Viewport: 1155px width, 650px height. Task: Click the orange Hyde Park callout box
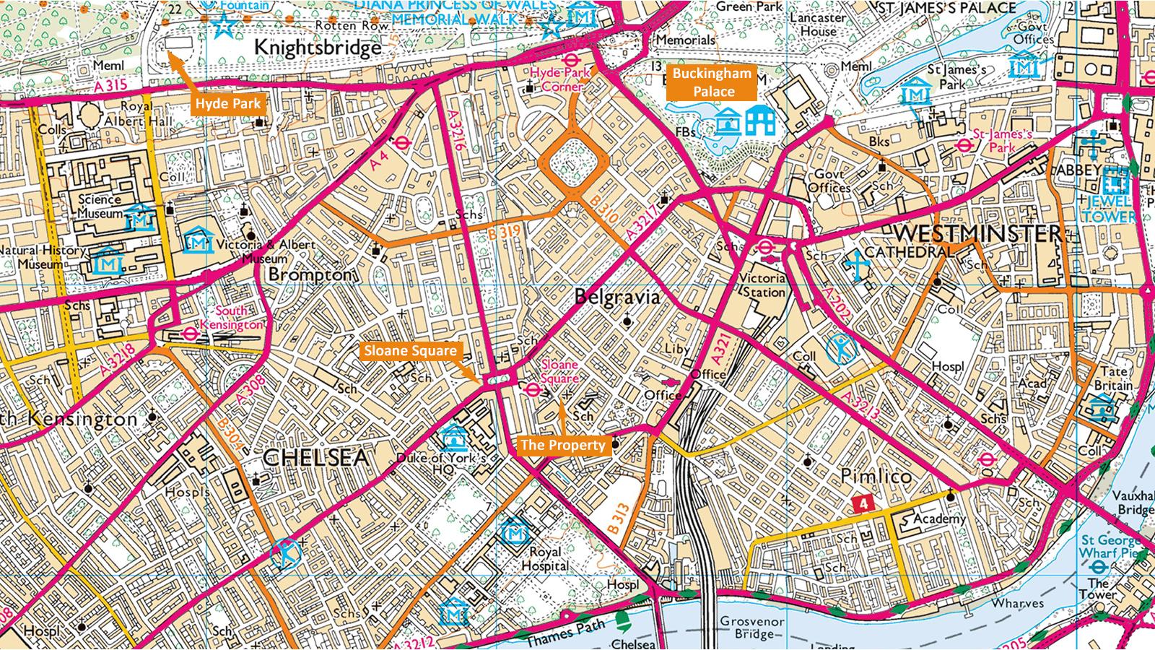tap(227, 104)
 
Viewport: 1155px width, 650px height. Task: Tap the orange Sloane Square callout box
tap(410, 351)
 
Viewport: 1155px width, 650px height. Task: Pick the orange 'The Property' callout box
tap(562, 445)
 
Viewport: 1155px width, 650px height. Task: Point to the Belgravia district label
tap(617, 297)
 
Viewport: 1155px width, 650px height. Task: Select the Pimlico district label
tap(876, 476)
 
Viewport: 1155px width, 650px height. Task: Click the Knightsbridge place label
tap(318, 48)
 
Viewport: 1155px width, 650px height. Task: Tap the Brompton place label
tap(310, 275)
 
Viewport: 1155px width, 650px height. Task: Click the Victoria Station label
tap(763, 285)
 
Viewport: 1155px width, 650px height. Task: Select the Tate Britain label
tap(1114, 378)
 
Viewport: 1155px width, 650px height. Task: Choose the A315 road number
tap(110, 85)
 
